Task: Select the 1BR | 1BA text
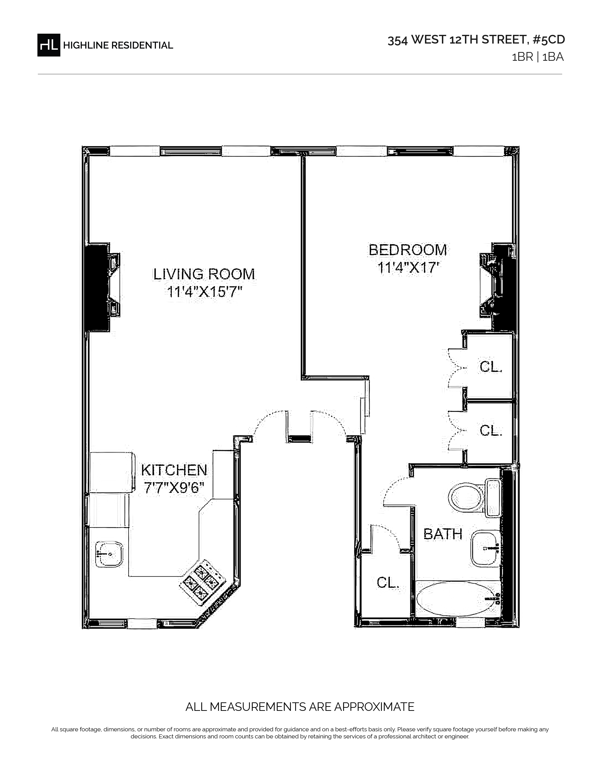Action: point(537,57)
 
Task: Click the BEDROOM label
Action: point(408,250)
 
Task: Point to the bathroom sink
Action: point(486,548)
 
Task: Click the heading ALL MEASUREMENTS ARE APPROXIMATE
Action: point(300,707)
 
